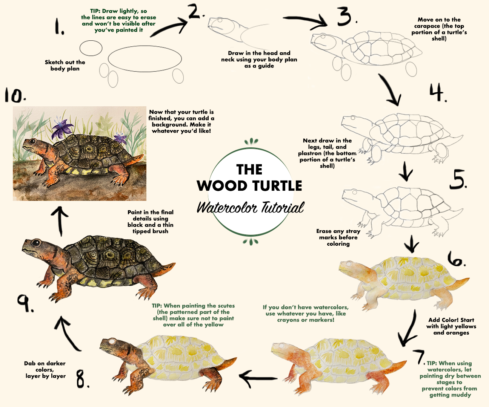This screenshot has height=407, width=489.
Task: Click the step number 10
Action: [15, 95]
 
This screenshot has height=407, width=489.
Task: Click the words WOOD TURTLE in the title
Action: [249, 186]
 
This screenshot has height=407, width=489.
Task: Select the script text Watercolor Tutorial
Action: [251, 207]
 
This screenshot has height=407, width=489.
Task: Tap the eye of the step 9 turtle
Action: [36, 243]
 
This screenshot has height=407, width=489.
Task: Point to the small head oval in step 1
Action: [91, 48]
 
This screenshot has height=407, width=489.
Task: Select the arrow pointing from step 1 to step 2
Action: [169, 28]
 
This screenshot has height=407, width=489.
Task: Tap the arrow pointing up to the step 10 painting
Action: [60, 221]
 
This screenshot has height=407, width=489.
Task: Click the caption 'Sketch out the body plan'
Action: [65, 66]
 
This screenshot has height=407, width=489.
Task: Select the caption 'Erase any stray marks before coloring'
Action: [338, 237]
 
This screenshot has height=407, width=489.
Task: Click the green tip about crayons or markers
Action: [306, 314]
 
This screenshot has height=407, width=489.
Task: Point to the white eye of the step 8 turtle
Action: [112, 342]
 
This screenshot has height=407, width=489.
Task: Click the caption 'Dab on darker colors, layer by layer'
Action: [45, 370]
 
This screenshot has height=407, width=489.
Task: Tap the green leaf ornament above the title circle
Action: [251, 141]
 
